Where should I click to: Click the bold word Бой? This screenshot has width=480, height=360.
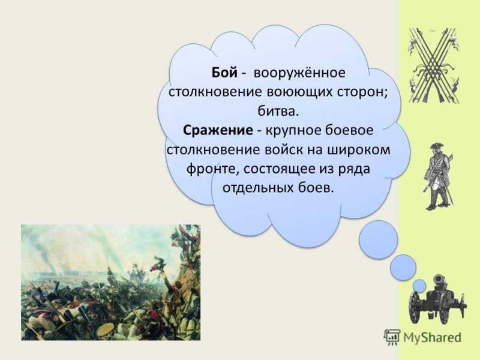(224, 73)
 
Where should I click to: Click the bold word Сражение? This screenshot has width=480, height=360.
(218, 130)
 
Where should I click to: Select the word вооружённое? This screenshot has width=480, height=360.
(299, 73)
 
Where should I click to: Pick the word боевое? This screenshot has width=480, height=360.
(349, 130)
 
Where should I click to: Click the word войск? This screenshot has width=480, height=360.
(281, 150)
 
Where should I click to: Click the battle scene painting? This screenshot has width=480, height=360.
(110, 282)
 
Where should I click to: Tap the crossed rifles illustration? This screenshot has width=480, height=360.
(434, 65)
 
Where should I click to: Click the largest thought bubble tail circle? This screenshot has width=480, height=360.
(379, 239)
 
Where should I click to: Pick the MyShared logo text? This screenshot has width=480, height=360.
(432, 337)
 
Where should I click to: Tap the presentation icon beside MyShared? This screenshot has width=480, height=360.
(392, 337)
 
